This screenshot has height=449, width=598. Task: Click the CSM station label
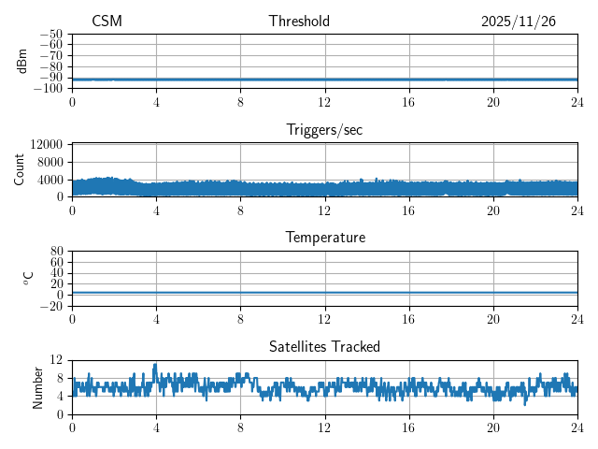pos(107,22)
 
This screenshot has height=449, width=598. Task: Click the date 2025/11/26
pos(519,22)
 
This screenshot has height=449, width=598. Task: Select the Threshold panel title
pos(299,22)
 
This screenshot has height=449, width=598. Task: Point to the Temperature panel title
pos(324,238)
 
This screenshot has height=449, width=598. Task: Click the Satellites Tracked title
pos(324,346)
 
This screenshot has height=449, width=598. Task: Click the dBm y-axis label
pos(22,60)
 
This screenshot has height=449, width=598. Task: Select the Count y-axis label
pos(20,169)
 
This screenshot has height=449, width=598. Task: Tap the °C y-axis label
pos(28,278)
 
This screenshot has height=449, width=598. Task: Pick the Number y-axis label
pos(38,386)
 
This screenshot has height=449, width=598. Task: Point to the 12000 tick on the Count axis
pos(47,145)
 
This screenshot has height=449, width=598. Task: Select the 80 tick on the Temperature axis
pos(56,252)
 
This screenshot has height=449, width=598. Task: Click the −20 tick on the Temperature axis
pos(50,306)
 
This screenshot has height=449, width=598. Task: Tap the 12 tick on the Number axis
pos(56,360)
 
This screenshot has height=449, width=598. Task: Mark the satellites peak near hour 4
pos(155,365)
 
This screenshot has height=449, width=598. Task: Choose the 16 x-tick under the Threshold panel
pos(408,101)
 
